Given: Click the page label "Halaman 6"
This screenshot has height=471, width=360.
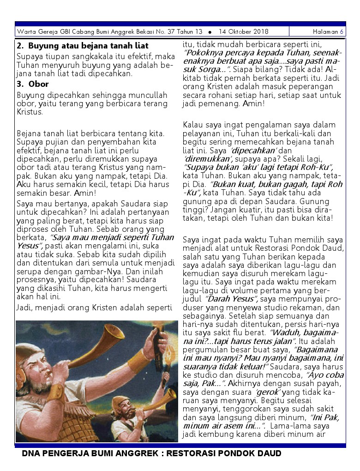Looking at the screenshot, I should (328, 32).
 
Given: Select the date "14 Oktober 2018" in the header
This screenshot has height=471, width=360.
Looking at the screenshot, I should (244, 32).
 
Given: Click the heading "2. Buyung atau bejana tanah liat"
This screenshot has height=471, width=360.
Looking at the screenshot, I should (82, 46).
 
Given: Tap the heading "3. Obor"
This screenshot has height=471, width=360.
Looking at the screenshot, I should (32, 84).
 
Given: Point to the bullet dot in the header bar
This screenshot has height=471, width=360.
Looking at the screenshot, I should (210, 32).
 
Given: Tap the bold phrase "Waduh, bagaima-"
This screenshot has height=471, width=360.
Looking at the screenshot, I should (305, 332).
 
